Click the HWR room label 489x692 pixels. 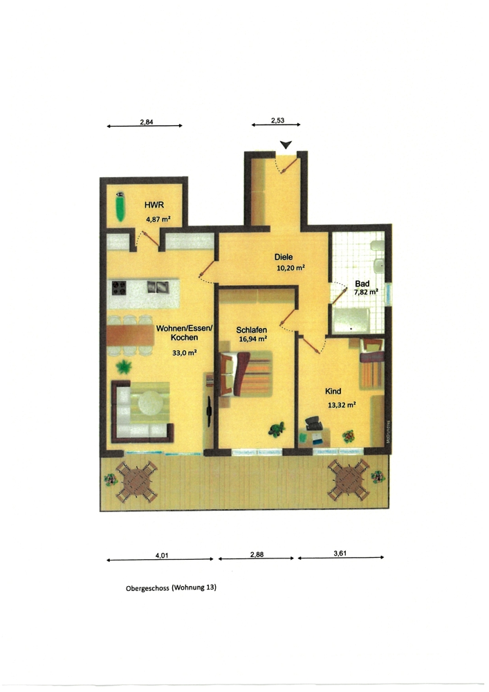(x=153, y=205)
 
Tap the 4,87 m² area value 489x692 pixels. (x=158, y=219)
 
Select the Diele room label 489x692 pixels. (x=284, y=257)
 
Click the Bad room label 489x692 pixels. (x=362, y=283)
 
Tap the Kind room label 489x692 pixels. (x=333, y=391)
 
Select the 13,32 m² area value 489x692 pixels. (x=341, y=406)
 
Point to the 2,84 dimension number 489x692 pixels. (x=146, y=121)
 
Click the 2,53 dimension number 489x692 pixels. (x=277, y=120)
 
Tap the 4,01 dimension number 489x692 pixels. (x=161, y=554)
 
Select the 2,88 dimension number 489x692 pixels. (x=257, y=554)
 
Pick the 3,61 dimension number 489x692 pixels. (x=340, y=553)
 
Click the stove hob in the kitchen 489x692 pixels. (x=119, y=287)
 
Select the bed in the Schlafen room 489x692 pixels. (x=246, y=374)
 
